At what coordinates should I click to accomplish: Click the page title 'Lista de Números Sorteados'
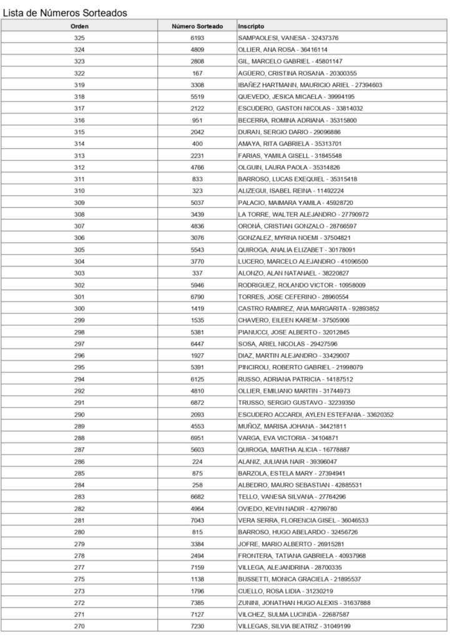[66, 12]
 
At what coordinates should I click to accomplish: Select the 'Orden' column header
[79, 26]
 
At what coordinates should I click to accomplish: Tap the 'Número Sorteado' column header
[197, 26]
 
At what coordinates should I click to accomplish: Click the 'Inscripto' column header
[251, 26]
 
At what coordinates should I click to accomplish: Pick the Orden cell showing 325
[79, 38]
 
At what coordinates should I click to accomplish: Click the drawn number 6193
[197, 38]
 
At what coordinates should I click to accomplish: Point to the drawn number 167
[197, 73]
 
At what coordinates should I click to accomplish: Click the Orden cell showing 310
[79, 191]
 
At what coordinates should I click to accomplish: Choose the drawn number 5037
[197, 202]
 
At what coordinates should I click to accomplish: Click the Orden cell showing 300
[79, 309]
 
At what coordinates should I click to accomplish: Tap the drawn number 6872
[197, 403]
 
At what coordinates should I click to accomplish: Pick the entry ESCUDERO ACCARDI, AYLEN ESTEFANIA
[315, 415]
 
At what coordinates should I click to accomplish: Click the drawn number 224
[197, 462]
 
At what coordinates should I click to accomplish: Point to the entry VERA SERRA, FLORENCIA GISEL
[303, 521]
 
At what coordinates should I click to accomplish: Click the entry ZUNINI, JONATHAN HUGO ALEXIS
[304, 603]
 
